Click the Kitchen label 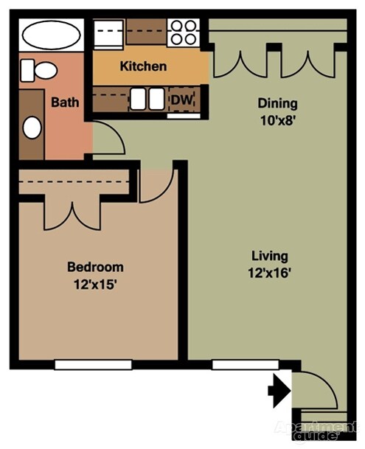[143, 66]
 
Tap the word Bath [65, 102]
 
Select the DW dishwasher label [182, 100]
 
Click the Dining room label [277, 104]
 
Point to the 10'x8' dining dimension [277, 121]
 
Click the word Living [270, 257]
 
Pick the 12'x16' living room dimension [269, 273]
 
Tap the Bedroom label [95, 267]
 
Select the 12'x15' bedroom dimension [95, 285]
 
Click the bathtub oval [52, 35]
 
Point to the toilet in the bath [38, 70]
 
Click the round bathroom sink [32, 128]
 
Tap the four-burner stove [184, 32]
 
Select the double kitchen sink [147, 99]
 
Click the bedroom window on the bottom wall [93, 365]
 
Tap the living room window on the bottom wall [246, 365]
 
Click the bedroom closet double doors [72, 215]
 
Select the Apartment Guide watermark [316, 431]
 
